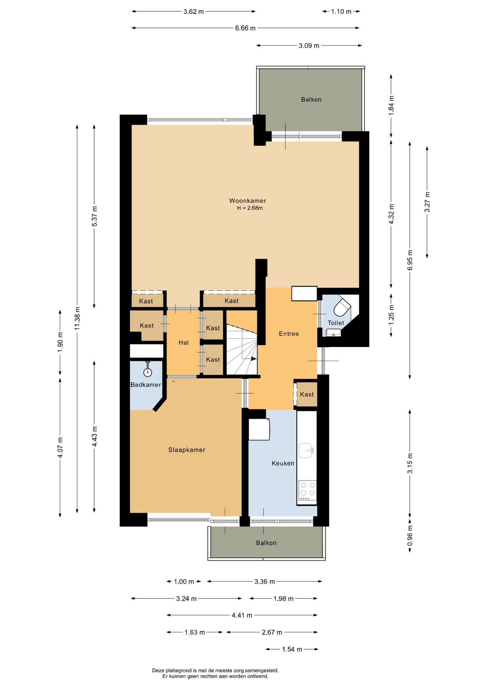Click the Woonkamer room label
(x=247, y=201)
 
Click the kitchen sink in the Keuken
(x=306, y=450)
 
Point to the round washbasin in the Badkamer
(x=148, y=372)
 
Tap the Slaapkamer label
(x=187, y=450)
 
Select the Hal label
(x=184, y=343)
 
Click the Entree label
(x=289, y=334)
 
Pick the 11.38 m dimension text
(x=77, y=319)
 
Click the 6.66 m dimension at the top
(x=245, y=28)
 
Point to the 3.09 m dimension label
(x=309, y=46)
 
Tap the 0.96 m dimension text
(x=410, y=536)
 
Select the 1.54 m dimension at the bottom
(x=292, y=649)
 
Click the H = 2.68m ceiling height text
(x=250, y=208)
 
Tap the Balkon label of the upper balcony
(x=311, y=100)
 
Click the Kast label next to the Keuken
(x=307, y=394)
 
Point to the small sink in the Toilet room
(x=334, y=333)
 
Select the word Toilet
(x=336, y=323)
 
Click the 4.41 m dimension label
(x=242, y=615)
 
